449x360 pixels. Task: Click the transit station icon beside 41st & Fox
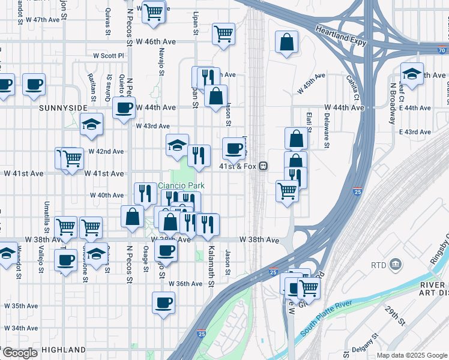263,166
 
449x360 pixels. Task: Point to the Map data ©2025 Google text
412,355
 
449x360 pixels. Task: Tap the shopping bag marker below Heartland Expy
287,42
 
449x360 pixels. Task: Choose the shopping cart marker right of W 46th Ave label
223,34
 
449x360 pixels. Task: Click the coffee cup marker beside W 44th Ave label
124,108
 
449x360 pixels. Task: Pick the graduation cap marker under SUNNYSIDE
91,124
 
